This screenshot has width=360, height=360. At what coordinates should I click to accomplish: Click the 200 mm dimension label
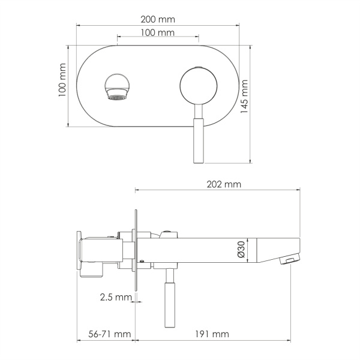[158, 19]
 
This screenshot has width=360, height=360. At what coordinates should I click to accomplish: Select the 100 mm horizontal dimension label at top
[158, 32]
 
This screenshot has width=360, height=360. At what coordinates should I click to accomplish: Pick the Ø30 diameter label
[242, 250]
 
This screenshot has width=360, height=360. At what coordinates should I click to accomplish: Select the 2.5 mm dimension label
[115, 297]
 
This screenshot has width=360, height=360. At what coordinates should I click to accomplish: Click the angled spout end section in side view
[276, 249]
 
